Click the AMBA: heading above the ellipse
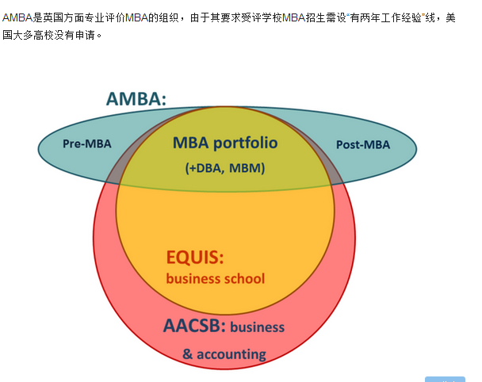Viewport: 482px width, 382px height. point(136,99)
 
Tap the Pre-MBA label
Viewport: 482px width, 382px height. point(86,143)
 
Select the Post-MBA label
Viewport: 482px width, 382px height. point(363,143)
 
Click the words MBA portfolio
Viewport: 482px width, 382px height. point(225,143)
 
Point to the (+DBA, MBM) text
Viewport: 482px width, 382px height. point(225,168)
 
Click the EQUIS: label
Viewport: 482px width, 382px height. point(195,258)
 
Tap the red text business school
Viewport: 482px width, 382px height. point(216,278)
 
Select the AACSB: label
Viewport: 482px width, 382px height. point(194,326)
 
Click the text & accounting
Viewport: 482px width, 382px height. point(224,353)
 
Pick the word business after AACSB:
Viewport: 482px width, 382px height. point(257,327)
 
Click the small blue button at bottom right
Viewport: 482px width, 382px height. point(445,379)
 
